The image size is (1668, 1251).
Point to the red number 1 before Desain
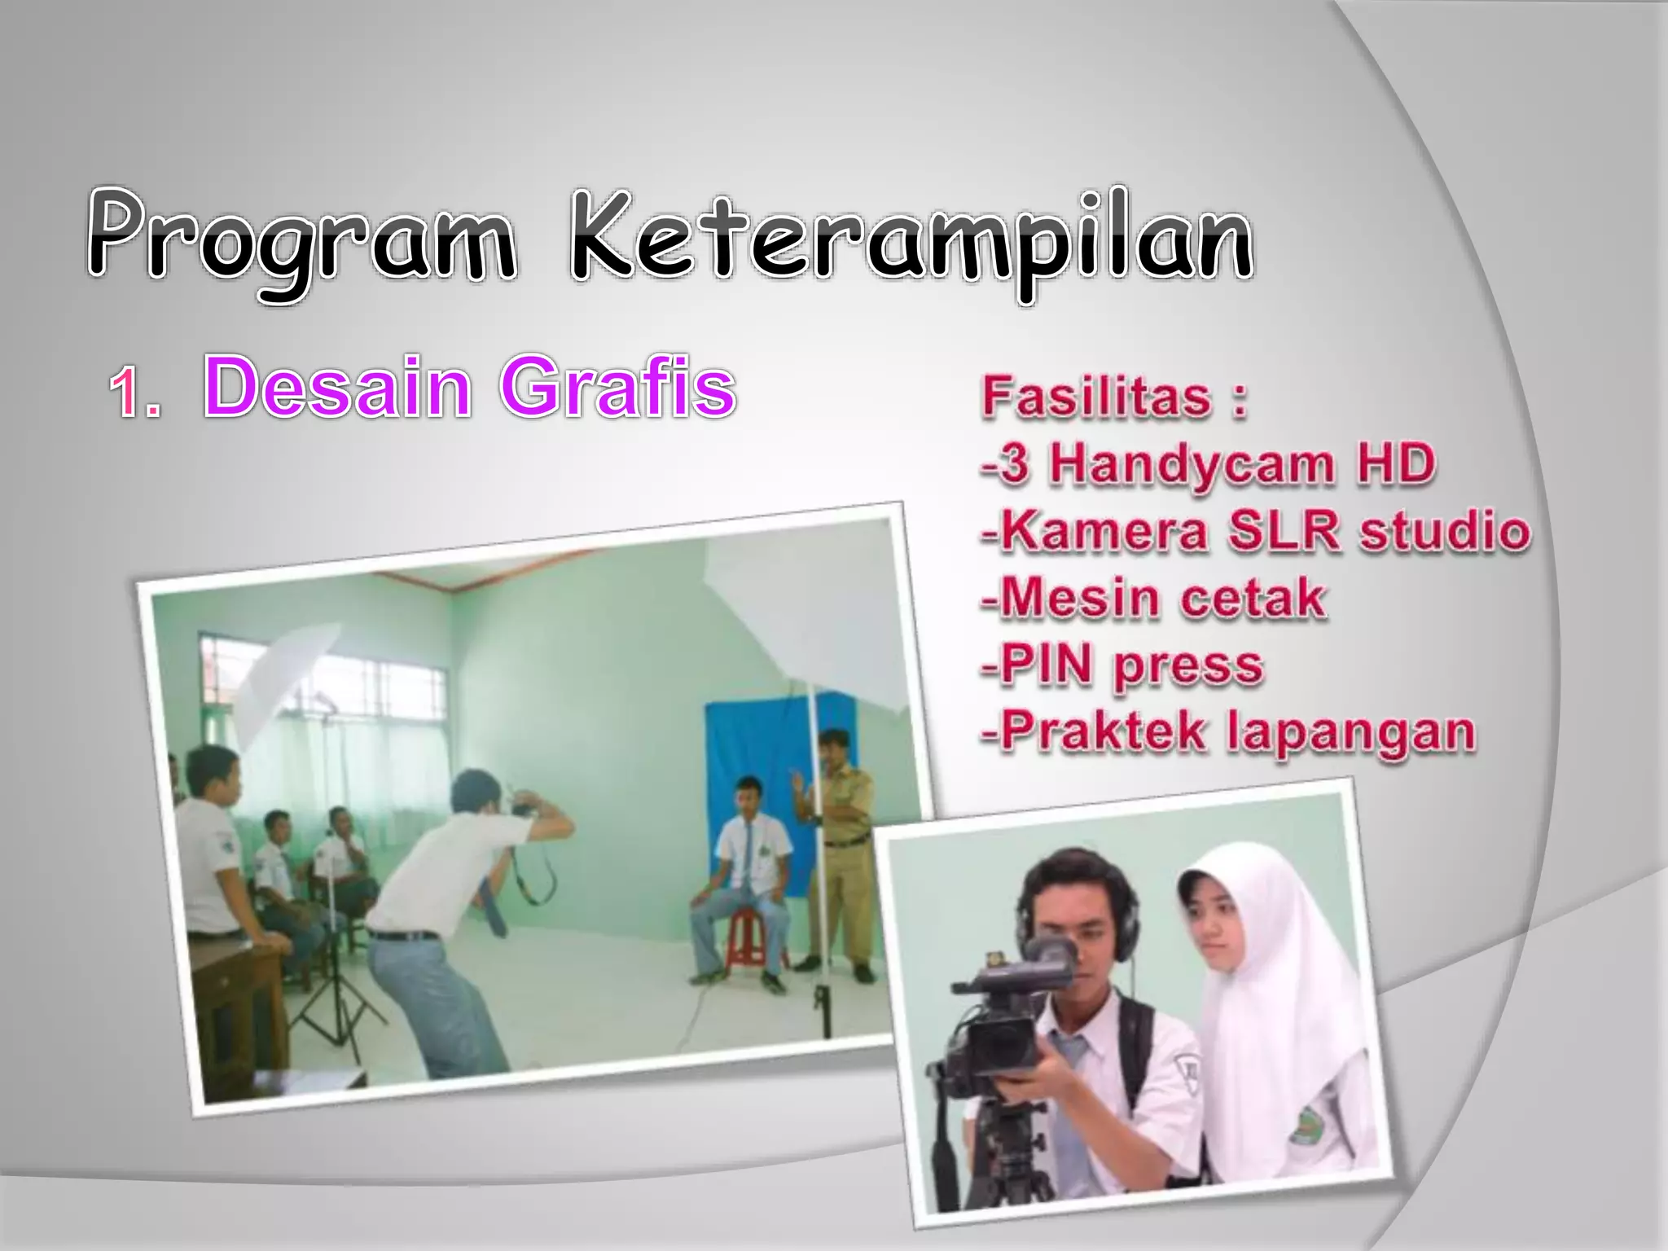pyautogui.click(x=130, y=393)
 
